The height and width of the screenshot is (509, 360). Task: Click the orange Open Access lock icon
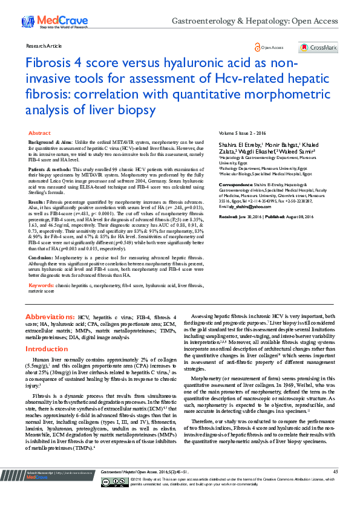(258, 47)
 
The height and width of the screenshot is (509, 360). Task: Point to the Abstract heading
(39, 132)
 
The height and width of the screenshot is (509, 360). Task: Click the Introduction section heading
(46, 349)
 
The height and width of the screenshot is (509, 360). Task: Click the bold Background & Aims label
(50, 141)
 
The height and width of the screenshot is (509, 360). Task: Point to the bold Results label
(37, 201)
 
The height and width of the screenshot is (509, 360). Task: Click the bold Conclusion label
(41, 257)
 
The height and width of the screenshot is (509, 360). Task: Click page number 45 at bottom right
(335, 487)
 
